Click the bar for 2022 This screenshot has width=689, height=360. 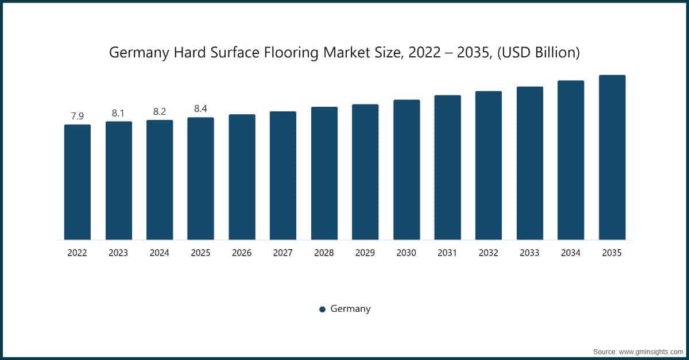click(78, 182)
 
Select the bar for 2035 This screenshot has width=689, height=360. click(612, 157)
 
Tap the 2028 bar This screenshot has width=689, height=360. click(324, 173)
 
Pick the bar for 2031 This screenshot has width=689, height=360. click(447, 168)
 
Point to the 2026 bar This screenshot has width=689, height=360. click(242, 177)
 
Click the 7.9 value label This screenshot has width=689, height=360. click(77, 116)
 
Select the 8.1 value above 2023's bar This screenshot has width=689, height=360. click(118, 113)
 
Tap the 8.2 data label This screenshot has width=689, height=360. click(160, 111)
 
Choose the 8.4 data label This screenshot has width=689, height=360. click(200, 109)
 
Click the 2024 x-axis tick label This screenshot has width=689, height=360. click(160, 253)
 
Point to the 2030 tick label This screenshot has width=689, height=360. click(407, 253)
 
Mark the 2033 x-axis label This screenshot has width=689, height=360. click(529, 253)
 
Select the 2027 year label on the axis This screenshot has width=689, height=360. click(283, 253)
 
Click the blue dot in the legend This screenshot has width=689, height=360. click(322, 309)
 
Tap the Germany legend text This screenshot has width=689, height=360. click(350, 309)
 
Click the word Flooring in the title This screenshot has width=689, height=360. click(291, 53)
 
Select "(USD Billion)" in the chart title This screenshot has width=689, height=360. click(539, 52)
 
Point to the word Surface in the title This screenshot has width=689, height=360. click(235, 52)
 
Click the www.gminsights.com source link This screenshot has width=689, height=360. click(650, 352)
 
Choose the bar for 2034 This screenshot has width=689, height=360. click(571, 160)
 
